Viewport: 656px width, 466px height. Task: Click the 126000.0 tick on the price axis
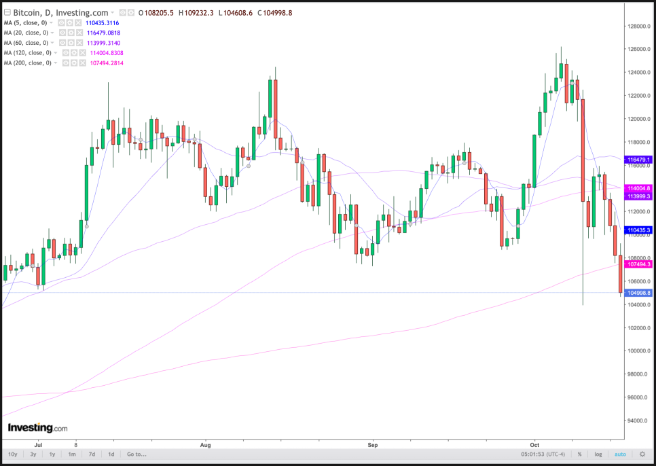click(x=639, y=50)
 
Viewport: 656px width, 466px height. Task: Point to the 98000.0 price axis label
click(x=639, y=374)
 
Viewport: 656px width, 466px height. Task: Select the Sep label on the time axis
click(x=372, y=444)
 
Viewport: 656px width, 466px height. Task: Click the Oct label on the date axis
click(x=534, y=444)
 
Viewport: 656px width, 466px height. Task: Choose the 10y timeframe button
click(x=12, y=454)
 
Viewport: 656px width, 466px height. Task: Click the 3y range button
click(x=32, y=454)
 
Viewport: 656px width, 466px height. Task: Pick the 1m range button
click(x=71, y=454)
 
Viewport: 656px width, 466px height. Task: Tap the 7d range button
click(x=92, y=454)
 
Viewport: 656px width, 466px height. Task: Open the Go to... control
click(x=136, y=454)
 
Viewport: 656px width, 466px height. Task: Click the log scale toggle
click(x=598, y=454)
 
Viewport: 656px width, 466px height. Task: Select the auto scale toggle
click(x=619, y=454)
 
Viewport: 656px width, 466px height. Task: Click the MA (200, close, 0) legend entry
click(x=28, y=63)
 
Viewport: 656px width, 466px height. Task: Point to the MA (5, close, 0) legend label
click(x=24, y=22)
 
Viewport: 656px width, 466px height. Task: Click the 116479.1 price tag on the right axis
click(x=640, y=160)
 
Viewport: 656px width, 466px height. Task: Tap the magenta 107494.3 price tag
click(x=640, y=264)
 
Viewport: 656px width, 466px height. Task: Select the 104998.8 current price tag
click(x=640, y=293)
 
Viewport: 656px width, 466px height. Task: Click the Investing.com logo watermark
click(x=37, y=428)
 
